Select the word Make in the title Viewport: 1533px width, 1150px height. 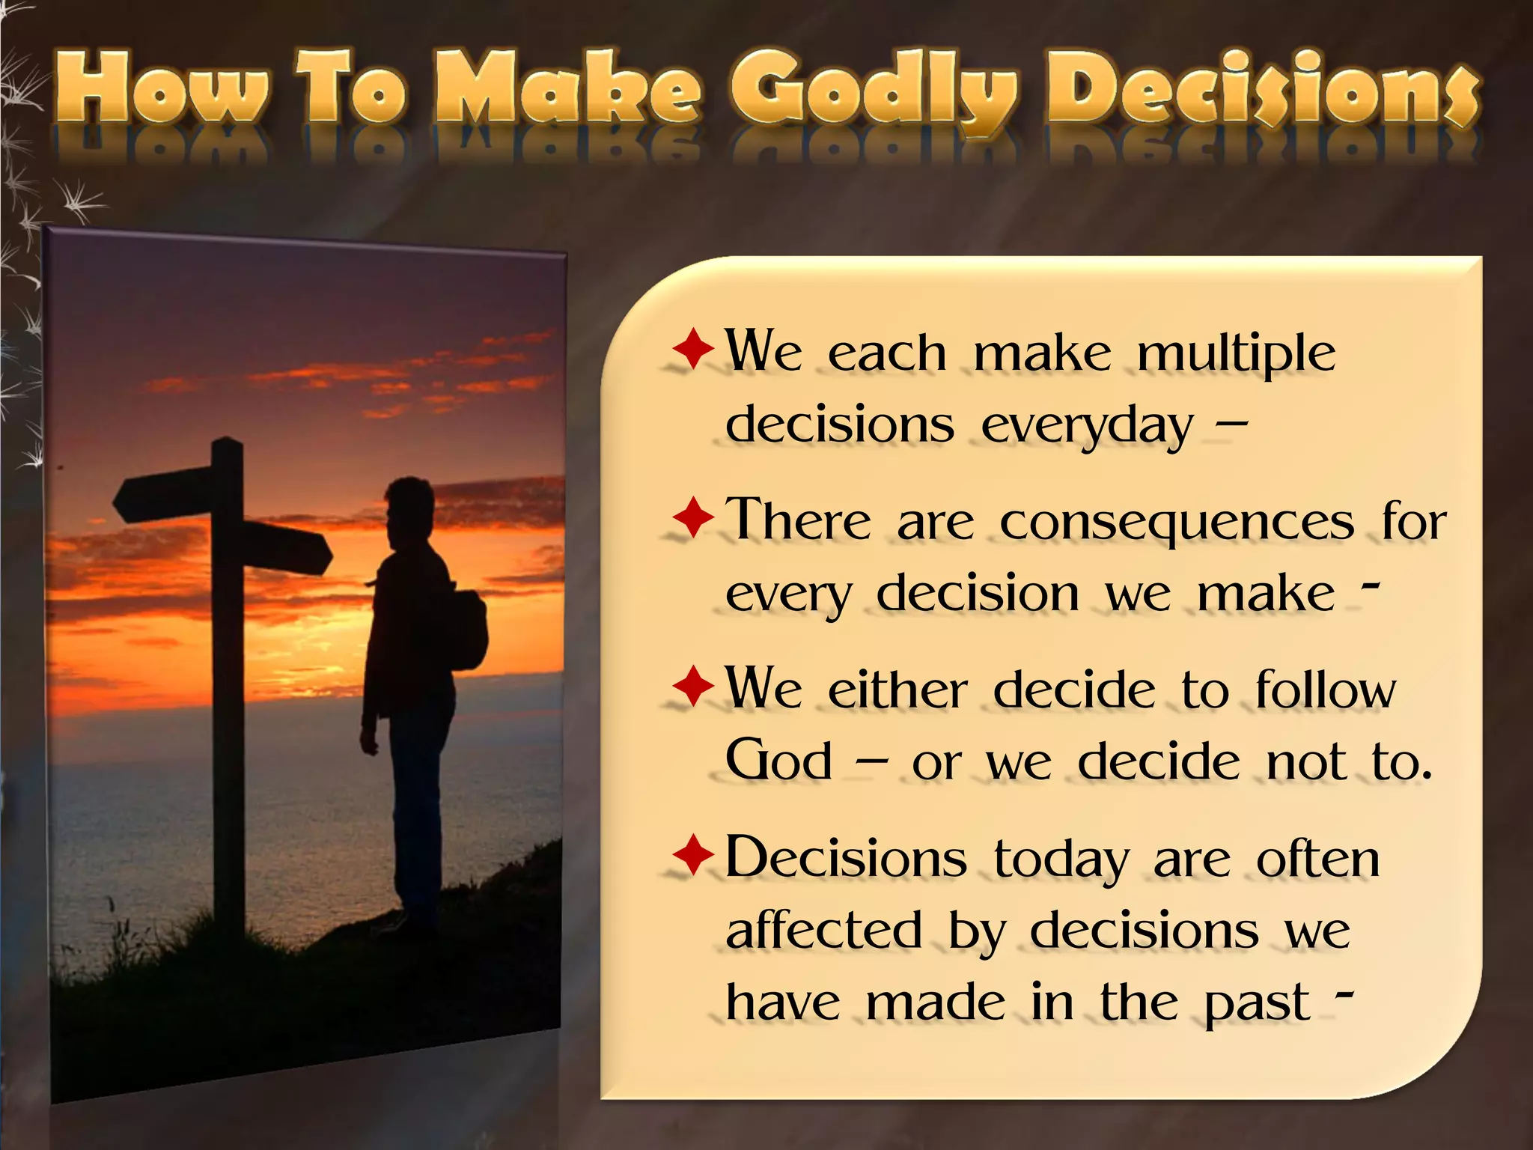[x=569, y=90]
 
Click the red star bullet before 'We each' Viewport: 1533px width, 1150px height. [x=693, y=349]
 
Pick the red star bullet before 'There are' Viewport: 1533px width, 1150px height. [x=693, y=518]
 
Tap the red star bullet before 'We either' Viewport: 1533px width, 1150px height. [x=693, y=687]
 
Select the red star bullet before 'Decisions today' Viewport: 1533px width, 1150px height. [x=693, y=856]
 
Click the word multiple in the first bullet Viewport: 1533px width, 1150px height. [x=1236, y=353]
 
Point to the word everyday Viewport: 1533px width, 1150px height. [x=1086, y=427]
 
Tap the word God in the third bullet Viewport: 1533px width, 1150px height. [x=779, y=761]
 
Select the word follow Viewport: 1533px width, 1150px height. [x=1325, y=690]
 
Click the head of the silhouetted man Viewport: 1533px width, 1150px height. [x=410, y=506]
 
